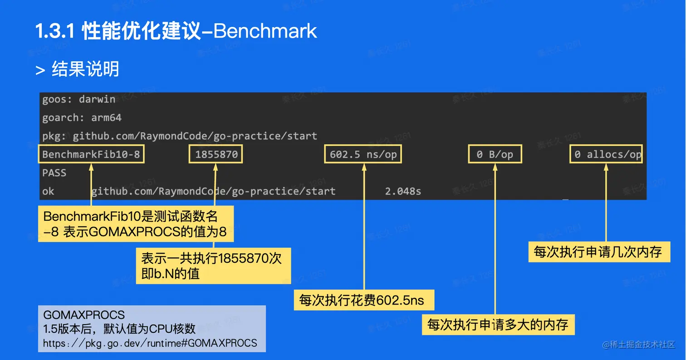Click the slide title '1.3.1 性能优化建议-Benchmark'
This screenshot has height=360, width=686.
pyautogui.click(x=176, y=31)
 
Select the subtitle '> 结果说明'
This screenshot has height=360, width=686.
pyautogui.click(x=78, y=69)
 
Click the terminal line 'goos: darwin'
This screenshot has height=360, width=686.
pyautogui.click(x=78, y=99)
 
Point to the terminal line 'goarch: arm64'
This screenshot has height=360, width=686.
pyautogui.click(x=82, y=118)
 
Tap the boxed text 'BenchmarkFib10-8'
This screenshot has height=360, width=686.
pyautogui.click(x=91, y=155)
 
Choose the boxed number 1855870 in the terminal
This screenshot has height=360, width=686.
pyautogui.click(x=216, y=155)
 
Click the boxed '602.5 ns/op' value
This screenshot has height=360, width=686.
pyautogui.click(x=363, y=155)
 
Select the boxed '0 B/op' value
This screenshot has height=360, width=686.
pyautogui.click(x=495, y=155)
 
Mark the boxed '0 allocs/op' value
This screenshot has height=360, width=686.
pyautogui.click(x=607, y=155)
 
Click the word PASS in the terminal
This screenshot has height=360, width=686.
pyautogui.click(x=54, y=173)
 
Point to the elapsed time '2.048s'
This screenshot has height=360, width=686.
pyautogui.click(x=403, y=192)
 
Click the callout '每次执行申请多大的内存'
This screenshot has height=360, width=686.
pyautogui.click(x=498, y=325)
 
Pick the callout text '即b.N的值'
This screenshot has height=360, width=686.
pyautogui.click(x=171, y=274)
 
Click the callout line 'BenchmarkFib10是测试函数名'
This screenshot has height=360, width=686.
pyautogui.click(x=131, y=217)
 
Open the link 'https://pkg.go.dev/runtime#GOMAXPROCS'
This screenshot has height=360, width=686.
pyautogui.click(x=150, y=343)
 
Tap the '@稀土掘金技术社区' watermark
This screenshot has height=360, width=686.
pyautogui.click(x=639, y=345)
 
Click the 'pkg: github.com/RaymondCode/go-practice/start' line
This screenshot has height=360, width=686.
pyautogui.click(x=180, y=136)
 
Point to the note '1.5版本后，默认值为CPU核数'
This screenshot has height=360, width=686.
pyautogui.click(x=119, y=328)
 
